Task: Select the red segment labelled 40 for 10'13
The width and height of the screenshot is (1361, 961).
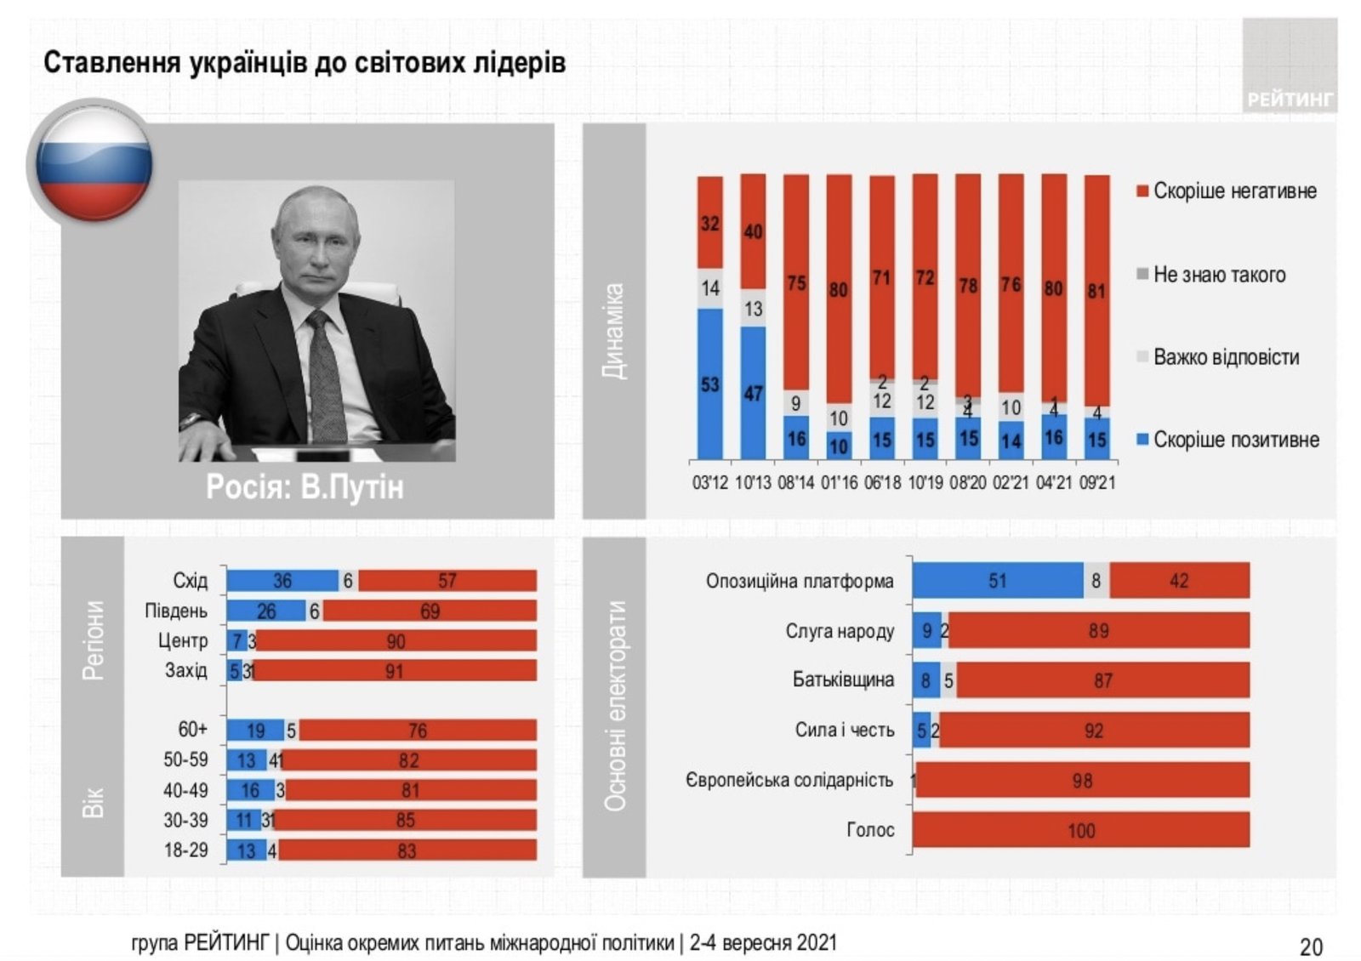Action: (753, 231)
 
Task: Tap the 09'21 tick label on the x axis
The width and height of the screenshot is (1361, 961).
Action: (1096, 483)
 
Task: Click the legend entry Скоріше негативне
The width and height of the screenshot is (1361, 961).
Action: (1233, 190)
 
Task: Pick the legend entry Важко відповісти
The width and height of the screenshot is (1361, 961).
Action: (1225, 357)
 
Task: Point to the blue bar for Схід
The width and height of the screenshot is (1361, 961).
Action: (282, 581)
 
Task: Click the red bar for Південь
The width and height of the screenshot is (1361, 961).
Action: (430, 611)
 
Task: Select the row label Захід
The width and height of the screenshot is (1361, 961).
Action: (186, 670)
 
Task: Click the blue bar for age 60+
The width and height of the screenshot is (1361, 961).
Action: (254, 730)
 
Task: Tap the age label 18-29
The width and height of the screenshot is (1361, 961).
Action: (185, 850)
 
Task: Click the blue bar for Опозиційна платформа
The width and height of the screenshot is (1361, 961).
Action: (997, 581)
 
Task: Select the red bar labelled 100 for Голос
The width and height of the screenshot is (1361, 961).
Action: (1080, 830)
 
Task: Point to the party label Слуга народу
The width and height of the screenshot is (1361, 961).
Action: (840, 631)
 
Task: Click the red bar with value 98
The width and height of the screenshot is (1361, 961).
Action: (1082, 780)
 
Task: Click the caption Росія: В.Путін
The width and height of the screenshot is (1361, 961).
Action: (305, 487)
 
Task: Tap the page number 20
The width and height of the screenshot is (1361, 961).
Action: (1311, 946)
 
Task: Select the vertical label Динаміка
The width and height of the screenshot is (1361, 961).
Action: (614, 332)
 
